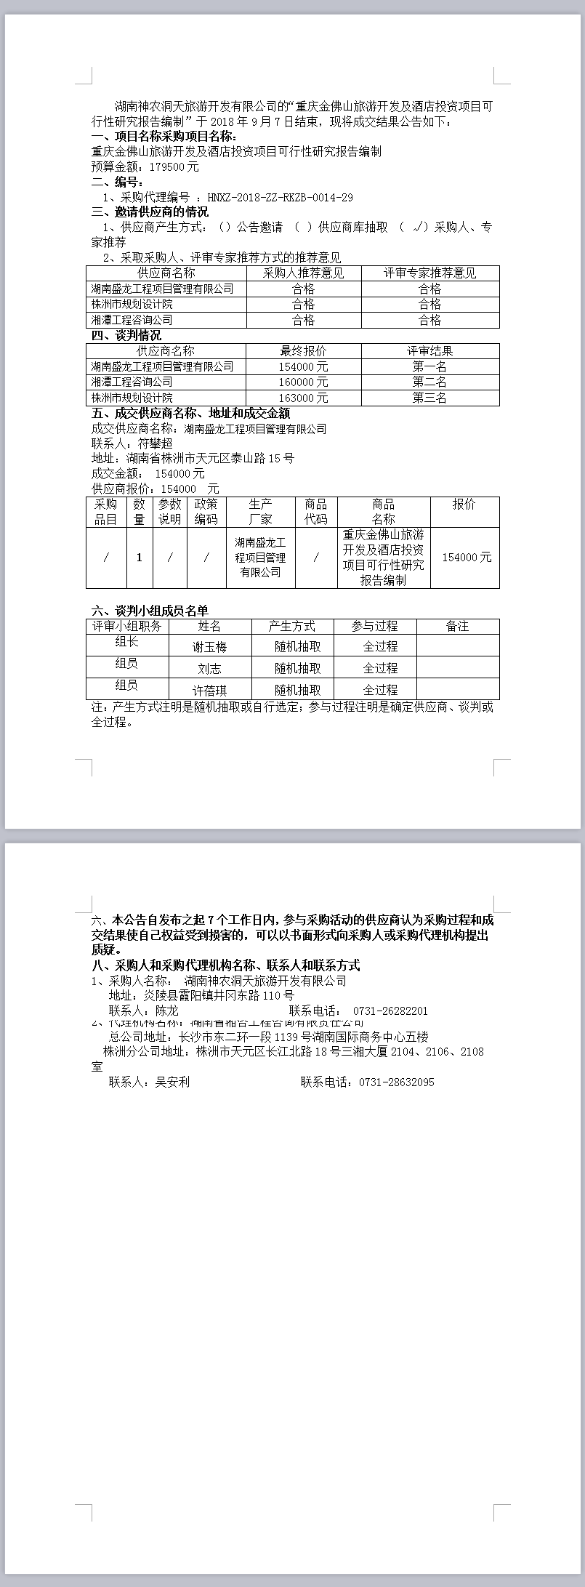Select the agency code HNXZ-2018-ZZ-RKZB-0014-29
[280, 197]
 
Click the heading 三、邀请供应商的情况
[150, 212]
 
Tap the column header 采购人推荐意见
[303, 273]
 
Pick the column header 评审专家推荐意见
[429, 273]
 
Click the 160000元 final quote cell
[303, 382]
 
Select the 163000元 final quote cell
[303, 398]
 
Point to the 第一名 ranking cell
[429, 366]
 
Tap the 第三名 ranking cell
[429, 398]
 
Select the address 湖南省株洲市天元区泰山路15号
[210, 458]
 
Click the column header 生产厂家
[260, 512]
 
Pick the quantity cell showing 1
[139, 558]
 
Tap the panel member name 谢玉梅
[209, 646]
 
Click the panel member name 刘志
[209, 668]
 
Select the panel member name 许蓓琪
[209, 690]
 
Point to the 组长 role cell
[126, 642]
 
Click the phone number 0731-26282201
[390, 1011]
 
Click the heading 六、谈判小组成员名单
[150, 611]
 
